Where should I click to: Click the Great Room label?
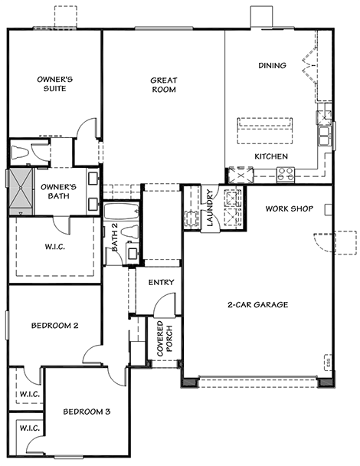click(x=164, y=85)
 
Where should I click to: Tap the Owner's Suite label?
click(x=55, y=84)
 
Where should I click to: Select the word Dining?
click(x=273, y=65)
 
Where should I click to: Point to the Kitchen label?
click(x=271, y=156)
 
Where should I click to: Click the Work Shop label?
click(x=290, y=208)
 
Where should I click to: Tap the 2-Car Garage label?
click(x=258, y=304)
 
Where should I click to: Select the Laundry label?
click(x=210, y=208)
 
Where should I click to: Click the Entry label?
click(x=162, y=282)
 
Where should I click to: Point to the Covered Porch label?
click(x=165, y=339)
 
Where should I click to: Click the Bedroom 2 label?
click(x=55, y=326)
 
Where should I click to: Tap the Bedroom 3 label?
click(x=87, y=412)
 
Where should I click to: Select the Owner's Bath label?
click(x=58, y=192)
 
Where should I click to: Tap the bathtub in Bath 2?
click(x=121, y=211)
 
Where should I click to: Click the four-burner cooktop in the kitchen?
click(x=286, y=174)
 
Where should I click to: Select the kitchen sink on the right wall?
click(x=325, y=136)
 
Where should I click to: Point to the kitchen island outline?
click(x=265, y=131)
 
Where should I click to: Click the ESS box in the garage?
click(x=328, y=363)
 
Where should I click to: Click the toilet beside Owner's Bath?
click(x=20, y=153)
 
